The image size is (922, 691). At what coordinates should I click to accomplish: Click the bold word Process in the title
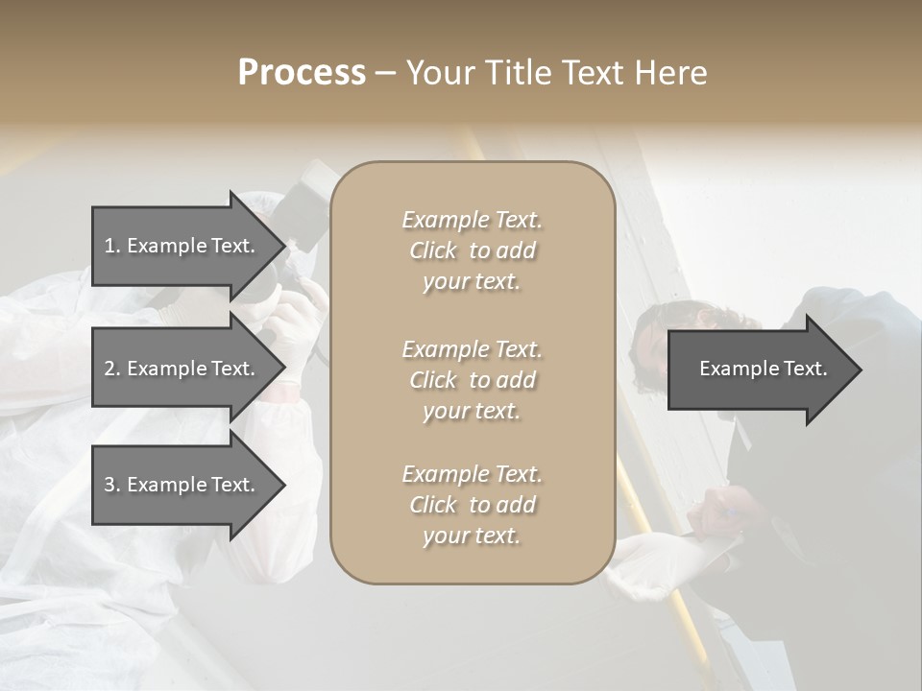tap(302, 73)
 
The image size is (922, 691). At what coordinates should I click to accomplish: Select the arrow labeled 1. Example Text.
tap(182, 246)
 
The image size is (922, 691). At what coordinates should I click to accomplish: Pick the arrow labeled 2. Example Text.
tap(182, 369)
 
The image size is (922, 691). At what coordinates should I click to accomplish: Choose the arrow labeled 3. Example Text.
tap(182, 485)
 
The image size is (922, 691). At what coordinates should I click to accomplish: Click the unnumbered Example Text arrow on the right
tap(763, 369)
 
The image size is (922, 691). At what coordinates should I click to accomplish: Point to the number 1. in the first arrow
tap(112, 246)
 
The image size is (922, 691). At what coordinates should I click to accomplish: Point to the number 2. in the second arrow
tap(112, 369)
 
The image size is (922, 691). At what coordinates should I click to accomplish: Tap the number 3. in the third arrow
tap(112, 485)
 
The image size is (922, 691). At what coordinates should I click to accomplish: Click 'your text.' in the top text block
tap(472, 282)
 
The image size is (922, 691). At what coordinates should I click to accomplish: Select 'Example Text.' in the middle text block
tap(472, 349)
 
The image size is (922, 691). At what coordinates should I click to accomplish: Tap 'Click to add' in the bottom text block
tap(472, 505)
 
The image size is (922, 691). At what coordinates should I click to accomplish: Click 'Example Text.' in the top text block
tap(472, 220)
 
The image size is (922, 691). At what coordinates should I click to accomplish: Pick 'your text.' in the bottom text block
tap(472, 536)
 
